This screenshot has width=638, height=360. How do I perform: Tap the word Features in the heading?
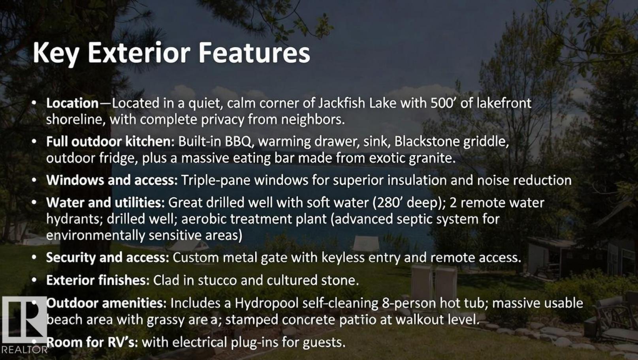click(x=254, y=53)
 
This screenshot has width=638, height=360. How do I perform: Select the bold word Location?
click(x=72, y=103)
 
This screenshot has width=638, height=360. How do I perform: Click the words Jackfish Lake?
click(x=357, y=103)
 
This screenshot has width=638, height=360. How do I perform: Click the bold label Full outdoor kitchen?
click(x=109, y=141)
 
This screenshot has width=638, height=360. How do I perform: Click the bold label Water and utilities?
click(x=105, y=202)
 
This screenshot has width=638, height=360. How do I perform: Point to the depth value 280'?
click(x=389, y=202)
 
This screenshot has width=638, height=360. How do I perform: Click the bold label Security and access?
click(x=108, y=257)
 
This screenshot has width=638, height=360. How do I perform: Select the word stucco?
click(x=217, y=281)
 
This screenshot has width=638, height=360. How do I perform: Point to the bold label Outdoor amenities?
click(x=106, y=303)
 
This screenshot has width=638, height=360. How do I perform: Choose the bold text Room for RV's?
click(x=92, y=342)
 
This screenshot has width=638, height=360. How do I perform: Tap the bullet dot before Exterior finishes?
click(x=34, y=280)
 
